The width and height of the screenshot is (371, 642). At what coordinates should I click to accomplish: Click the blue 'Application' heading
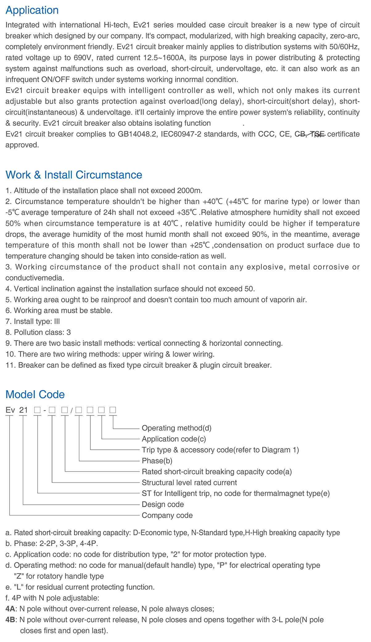(x=32, y=10)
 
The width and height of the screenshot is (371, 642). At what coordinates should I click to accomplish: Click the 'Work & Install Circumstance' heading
(x=74, y=175)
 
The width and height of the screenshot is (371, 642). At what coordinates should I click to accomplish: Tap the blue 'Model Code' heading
(x=35, y=394)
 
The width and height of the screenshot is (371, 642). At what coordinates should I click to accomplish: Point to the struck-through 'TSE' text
(x=317, y=134)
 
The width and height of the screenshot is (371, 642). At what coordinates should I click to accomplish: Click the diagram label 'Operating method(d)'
(x=176, y=428)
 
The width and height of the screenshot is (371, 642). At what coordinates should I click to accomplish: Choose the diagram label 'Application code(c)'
(x=174, y=439)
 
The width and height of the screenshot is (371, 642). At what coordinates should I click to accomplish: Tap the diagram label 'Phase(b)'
(x=157, y=461)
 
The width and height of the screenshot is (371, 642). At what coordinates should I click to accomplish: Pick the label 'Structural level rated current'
(x=189, y=482)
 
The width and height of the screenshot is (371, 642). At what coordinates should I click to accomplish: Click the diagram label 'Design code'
(x=163, y=504)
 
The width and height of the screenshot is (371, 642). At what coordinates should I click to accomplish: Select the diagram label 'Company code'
(x=167, y=515)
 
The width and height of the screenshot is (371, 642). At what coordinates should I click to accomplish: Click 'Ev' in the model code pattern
(x=10, y=410)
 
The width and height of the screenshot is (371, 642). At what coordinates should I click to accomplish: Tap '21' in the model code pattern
(x=24, y=410)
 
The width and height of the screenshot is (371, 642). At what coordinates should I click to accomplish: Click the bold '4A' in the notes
(x=10, y=609)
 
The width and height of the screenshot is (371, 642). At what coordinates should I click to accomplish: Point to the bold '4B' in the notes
(x=10, y=619)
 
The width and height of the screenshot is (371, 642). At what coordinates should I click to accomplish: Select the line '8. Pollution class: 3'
(x=38, y=332)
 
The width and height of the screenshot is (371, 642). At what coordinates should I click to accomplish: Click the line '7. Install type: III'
(x=33, y=321)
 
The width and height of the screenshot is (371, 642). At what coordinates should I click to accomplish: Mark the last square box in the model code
(x=113, y=410)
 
